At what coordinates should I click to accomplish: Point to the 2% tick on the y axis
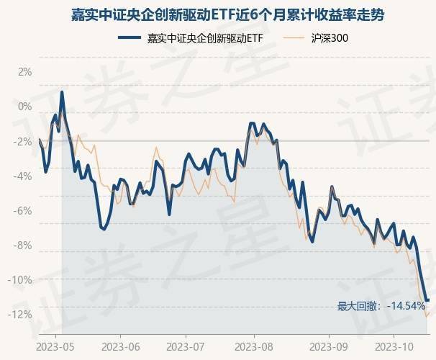pos(24,72)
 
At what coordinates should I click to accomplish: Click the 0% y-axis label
pos(24,107)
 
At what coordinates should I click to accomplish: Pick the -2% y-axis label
pos(23,141)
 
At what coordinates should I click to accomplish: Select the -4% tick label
pos(23,176)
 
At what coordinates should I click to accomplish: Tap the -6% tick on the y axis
pos(23,210)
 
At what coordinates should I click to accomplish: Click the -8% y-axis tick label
pos(23,245)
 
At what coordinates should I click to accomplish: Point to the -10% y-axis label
pos(22,279)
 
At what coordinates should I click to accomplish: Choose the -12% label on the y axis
pos(22,314)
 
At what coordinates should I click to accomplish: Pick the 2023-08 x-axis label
pos(257,345)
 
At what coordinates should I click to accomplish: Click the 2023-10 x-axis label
pos(394,345)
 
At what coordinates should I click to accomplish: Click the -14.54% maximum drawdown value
pos(405,306)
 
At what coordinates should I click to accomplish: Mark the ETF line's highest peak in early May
pos(63,92)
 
